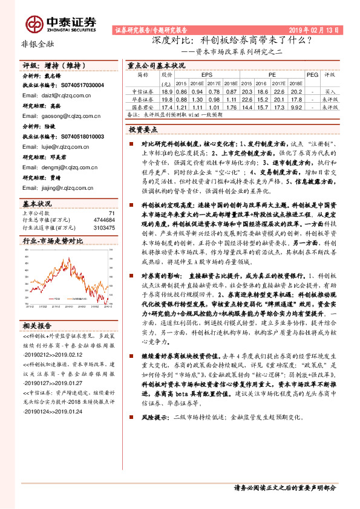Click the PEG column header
pyautogui.click(x=312, y=76)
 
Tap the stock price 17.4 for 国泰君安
pyautogui.click(x=167, y=106)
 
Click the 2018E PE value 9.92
pyautogui.click(x=296, y=106)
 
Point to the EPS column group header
pyautogui.click(x=198, y=76)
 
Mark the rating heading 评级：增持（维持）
pyautogui.click(x=50, y=64)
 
